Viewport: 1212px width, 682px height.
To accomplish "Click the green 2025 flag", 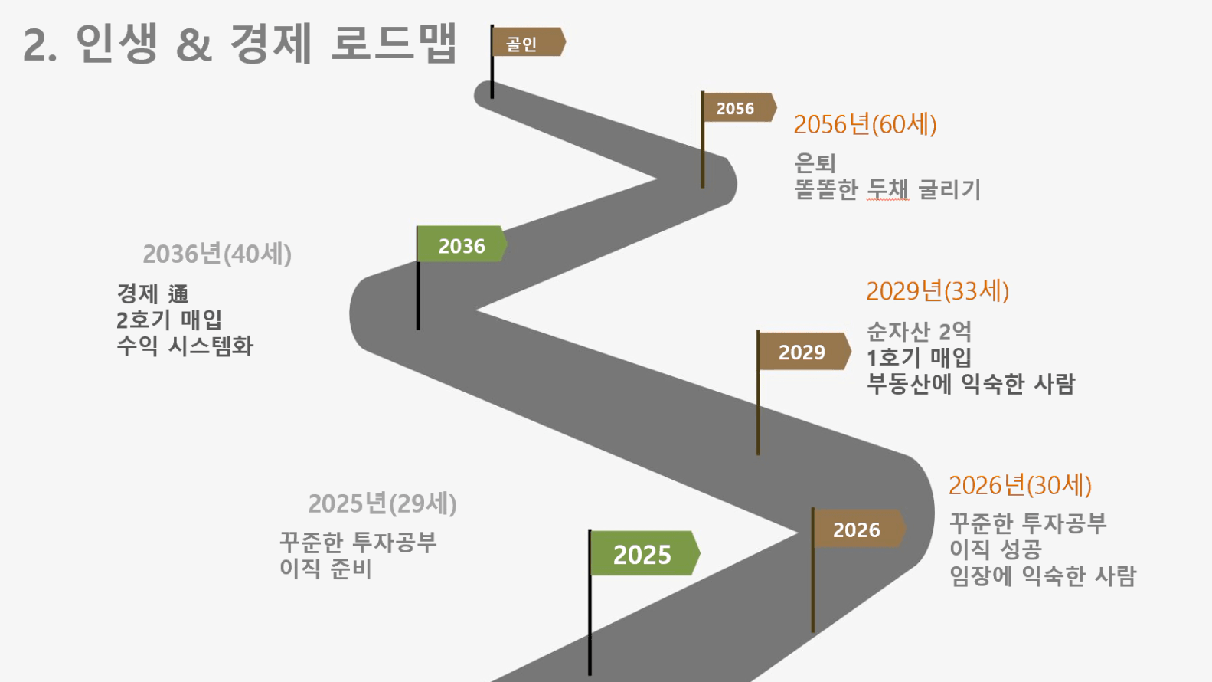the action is (645, 553).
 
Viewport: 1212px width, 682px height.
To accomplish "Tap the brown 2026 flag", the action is (860, 528).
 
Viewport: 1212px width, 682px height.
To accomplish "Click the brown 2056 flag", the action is (740, 107).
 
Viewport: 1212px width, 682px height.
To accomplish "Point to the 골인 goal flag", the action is (528, 41).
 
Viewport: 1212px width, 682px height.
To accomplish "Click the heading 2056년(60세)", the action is (865, 125).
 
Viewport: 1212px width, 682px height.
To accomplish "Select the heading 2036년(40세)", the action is (217, 254).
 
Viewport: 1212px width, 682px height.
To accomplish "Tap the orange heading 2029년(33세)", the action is (938, 291).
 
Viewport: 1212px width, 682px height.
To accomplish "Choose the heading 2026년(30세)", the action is (1021, 485).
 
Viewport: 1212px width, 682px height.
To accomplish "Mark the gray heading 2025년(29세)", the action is (383, 503).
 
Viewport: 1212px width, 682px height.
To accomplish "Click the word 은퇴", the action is (815, 162).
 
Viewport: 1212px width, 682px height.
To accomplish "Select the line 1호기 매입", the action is (920, 358).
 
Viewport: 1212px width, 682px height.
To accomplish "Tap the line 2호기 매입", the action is (169, 320).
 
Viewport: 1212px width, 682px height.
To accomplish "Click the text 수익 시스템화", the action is (185, 346).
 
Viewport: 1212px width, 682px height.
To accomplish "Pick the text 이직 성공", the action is (996, 549).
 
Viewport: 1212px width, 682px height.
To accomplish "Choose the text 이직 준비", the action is (325, 569).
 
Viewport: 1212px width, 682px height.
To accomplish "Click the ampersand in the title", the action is (194, 45).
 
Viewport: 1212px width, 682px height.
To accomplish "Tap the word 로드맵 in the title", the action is (394, 43).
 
